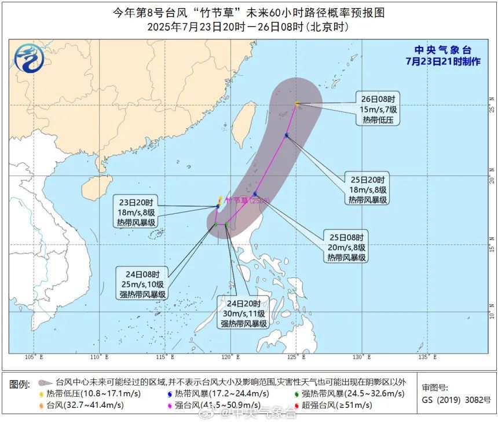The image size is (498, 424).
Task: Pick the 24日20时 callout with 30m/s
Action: coord(244,313)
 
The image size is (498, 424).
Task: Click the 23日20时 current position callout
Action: coord(138,212)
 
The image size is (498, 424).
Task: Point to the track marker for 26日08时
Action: coord(297,104)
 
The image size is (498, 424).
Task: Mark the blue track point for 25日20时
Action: coord(287,136)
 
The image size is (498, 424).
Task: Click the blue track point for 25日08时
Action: coord(255,194)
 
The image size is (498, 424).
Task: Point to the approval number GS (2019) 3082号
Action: coord(456,400)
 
